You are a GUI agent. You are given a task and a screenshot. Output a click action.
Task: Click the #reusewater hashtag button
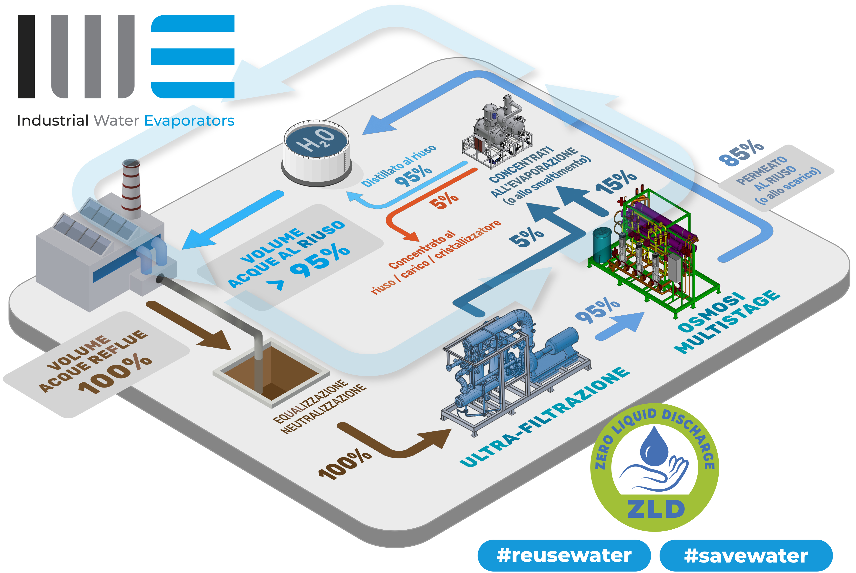tap(564, 555)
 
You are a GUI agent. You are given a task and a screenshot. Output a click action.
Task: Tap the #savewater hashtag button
tap(746, 555)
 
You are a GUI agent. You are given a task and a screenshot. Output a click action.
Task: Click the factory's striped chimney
tap(131, 188)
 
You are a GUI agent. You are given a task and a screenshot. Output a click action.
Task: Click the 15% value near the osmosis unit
tap(616, 182)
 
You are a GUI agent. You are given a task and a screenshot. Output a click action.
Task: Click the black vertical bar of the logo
tap(26, 57)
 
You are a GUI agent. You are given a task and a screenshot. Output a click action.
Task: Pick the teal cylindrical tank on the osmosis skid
tap(601, 244)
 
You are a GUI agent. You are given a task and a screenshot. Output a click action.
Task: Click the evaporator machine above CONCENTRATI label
tap(497, 132)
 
